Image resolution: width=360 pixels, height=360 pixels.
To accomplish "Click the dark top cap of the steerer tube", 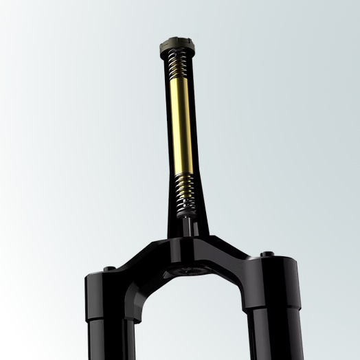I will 177,47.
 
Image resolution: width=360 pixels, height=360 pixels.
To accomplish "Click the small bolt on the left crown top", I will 109,268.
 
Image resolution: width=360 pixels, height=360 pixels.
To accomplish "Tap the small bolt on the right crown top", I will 267,255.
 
